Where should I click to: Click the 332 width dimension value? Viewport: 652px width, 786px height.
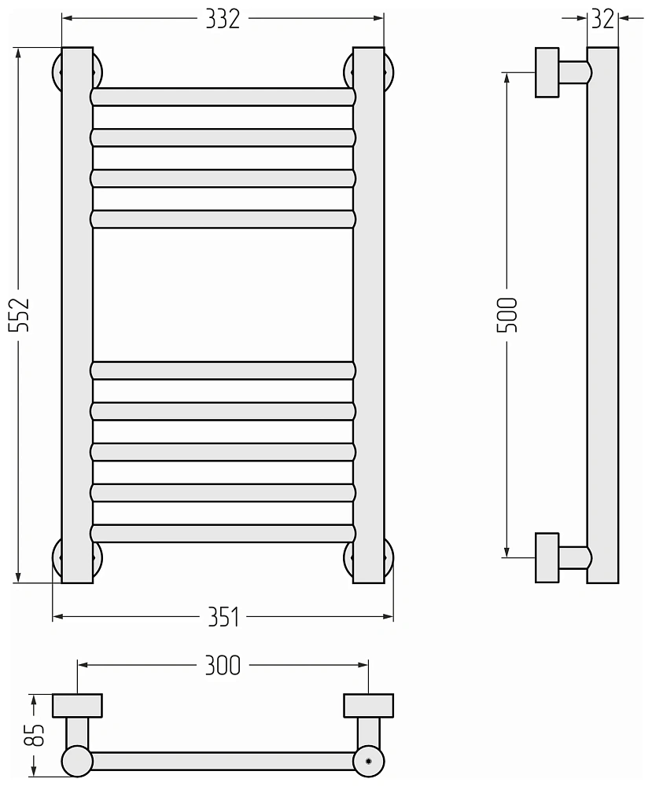coord(223,19)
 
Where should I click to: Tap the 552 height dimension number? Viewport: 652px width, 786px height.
coord(20,315)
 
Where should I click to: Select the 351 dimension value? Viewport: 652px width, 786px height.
coord(223,616)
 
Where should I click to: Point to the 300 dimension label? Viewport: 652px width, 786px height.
coord(223,665)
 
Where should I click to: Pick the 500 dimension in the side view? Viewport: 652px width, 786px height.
coord(506,315)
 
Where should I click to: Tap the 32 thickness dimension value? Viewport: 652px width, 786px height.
coord(602,19)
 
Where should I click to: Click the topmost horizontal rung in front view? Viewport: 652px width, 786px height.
coord(223,97)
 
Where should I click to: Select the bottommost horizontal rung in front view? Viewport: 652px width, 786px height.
coord(223,534)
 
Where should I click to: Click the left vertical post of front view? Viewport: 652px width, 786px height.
coord(77,315)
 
